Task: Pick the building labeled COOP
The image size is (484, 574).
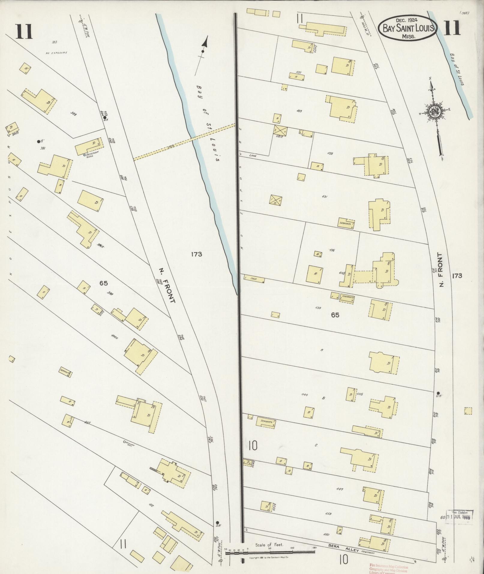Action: coord(254,279)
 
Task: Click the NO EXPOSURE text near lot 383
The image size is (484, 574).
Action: coord(56,53)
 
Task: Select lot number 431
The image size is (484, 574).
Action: coord(324,197)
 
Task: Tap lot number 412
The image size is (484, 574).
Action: coord(151,506)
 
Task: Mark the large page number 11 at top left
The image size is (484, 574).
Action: coord(24,32)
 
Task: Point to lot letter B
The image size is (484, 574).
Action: coord(323,398)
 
